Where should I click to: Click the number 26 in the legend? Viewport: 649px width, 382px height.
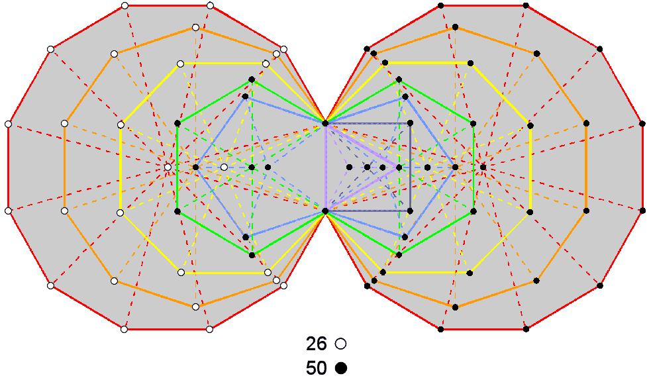coord(317,344)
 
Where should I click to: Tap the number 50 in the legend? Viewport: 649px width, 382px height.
coord(317,367)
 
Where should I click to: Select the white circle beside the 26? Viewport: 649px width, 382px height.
coord(341,344)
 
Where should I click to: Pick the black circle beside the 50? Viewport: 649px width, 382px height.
coord(341,367)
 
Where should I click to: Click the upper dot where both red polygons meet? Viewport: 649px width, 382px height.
coord(325,123)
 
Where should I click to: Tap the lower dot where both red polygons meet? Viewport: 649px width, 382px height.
coord(325,211)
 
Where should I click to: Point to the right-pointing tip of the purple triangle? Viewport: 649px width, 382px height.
coord(399,167)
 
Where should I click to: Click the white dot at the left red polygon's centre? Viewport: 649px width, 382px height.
coord(168,167)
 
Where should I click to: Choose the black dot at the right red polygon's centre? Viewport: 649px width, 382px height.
coord(483,167)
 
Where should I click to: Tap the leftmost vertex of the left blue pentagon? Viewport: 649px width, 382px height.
coord(195,167)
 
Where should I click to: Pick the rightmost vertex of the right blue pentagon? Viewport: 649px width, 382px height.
coord(455,167)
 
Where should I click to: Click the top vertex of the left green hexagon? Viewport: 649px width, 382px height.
coord(252,80)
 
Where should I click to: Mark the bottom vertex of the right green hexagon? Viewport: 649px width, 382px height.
coord(398,254)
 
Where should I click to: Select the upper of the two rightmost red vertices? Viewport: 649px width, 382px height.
coord(642,123)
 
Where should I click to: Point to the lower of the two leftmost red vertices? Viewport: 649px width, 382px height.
coord(8,211)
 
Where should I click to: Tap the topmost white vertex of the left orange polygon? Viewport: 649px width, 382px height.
coord(195,27)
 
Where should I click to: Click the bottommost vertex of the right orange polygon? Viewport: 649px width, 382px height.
coord(456,307)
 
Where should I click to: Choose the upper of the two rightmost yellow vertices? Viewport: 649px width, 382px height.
coord(530,123)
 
